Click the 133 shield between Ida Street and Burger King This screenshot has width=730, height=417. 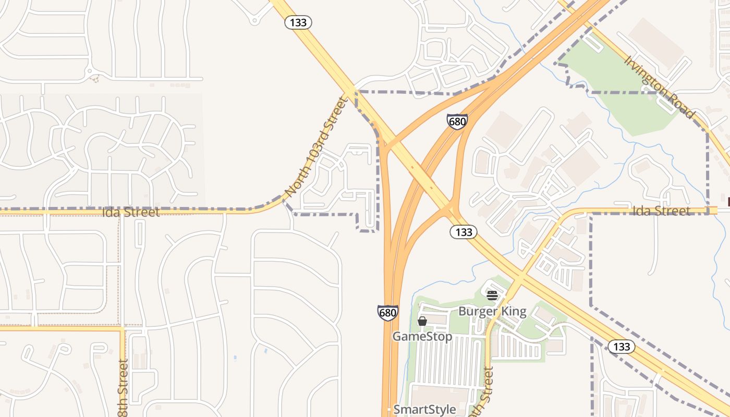coord(463,232)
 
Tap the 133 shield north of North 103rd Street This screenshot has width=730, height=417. coord(298,22)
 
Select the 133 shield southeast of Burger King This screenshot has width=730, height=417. coord(621,347)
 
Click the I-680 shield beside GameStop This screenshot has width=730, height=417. coord(387,313)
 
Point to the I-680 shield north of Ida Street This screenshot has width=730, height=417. coord(457,122)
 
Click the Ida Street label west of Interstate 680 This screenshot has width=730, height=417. coord(131,212)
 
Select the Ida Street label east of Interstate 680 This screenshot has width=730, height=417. coord(661,211)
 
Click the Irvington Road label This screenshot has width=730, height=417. coord(659,87)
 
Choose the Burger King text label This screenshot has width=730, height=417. coord(492,311)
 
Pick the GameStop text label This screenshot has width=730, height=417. coord(422,336)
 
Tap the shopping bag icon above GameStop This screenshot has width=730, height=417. coord(422,321)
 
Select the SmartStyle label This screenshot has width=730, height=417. coord(424,409)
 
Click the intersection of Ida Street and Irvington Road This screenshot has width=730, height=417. coord(709,210)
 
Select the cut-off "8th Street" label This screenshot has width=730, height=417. coord(123,388)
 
